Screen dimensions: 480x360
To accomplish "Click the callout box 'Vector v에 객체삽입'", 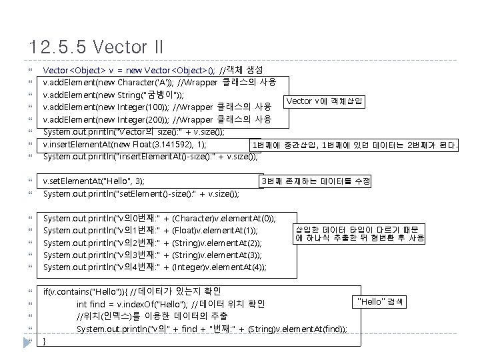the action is (324, 101).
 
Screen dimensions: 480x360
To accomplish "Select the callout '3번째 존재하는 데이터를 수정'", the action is (315, 181).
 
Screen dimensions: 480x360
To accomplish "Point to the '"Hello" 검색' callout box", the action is (381, 303).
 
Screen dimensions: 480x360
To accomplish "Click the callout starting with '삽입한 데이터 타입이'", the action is (359, 233).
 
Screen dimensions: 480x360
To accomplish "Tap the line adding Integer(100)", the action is (157, 107).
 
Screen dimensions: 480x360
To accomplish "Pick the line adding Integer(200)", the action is (157, 119).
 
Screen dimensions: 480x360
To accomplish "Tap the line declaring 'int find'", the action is (171, 304).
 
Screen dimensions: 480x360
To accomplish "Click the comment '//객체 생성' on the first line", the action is (245, 70).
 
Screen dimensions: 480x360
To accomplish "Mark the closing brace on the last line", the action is (45, 341).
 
